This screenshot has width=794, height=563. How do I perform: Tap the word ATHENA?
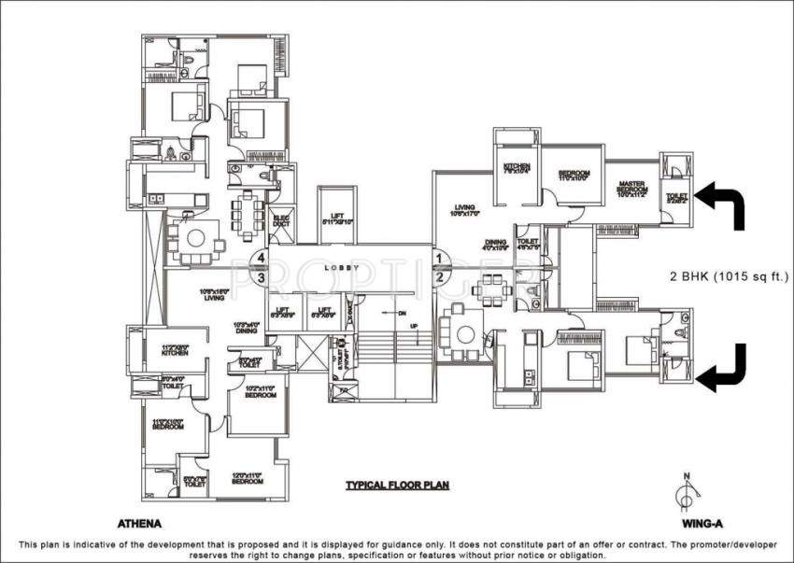point(137,524)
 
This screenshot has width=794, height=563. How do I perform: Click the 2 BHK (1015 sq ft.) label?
point(730,276)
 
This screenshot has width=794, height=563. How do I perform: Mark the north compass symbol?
point(687,492)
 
